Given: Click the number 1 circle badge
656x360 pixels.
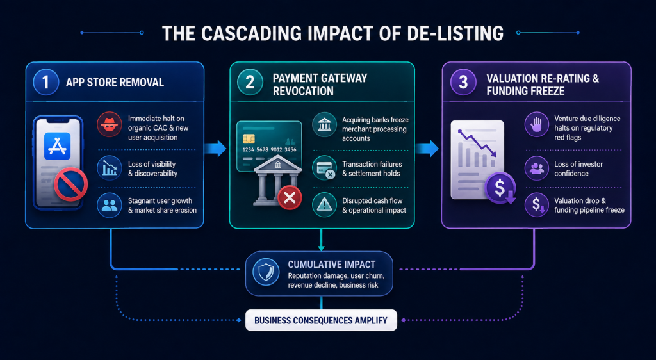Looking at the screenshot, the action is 45,82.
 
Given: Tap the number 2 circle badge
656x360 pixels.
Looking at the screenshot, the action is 250,82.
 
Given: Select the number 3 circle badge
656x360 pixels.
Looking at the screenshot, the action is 463,82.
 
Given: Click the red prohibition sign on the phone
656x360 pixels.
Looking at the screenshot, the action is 70,184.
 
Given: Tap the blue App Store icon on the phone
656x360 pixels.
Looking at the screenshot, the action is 57,146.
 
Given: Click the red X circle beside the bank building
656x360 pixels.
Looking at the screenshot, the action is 290,198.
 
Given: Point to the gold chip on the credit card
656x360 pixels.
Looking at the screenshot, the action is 249,138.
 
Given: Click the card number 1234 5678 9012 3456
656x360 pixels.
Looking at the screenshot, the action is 270,150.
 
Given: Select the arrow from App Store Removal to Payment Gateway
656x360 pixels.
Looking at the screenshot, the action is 215,149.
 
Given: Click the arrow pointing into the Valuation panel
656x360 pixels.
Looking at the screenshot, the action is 427,149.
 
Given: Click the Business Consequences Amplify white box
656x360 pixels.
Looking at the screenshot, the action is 321,320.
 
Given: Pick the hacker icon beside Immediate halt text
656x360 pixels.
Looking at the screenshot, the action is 110,125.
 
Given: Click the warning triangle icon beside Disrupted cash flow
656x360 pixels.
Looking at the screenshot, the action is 324,205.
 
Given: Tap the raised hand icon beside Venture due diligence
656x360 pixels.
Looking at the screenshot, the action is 537,125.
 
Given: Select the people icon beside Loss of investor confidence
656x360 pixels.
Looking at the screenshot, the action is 537,168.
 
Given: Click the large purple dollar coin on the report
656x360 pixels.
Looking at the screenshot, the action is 500,188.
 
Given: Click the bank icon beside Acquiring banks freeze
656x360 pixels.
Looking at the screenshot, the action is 324,125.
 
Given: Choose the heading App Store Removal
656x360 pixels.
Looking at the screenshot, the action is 115,83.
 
